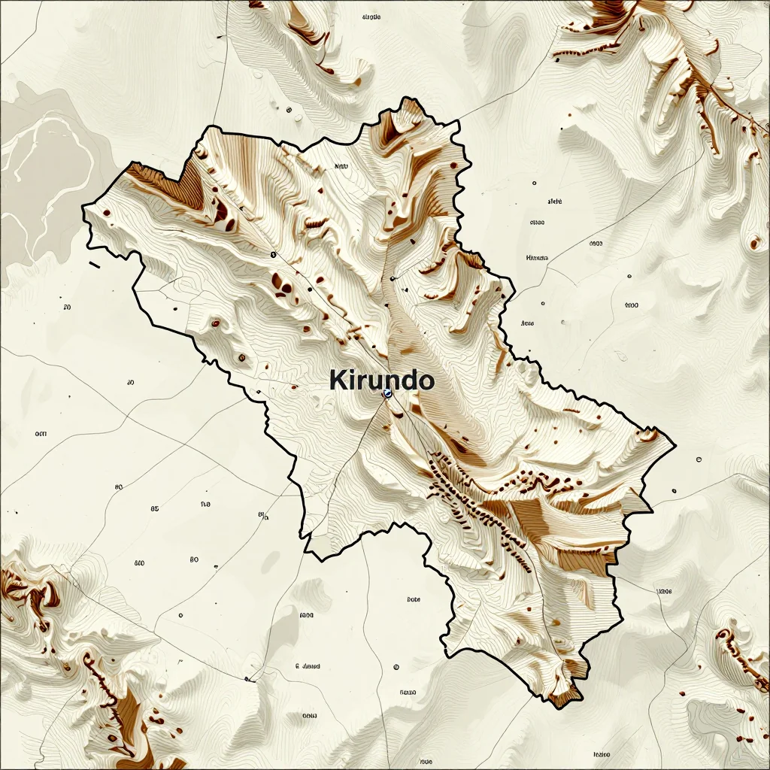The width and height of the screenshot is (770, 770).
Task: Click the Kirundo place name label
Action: tap(382, 380)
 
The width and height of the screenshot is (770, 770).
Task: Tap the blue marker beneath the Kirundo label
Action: tap(387, 393)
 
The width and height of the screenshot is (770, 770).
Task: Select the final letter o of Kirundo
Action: tap(426, 381)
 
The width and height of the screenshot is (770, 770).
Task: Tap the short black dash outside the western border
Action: tap(94, 265)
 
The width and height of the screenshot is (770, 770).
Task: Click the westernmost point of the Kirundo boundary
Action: tap(83, 205)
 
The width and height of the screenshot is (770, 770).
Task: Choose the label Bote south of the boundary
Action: tap(414, 599)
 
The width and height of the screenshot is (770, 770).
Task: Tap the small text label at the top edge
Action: tap(371, 16)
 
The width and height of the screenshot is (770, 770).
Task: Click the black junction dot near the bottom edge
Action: tap(247, 679)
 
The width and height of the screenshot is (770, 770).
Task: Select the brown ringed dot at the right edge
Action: tap(755, 243)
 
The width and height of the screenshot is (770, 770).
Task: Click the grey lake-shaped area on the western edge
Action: tap(38, 173)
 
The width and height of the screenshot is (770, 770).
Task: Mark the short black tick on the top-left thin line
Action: tap(219, 36)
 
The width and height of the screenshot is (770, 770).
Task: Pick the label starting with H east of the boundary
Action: tap(537, 258)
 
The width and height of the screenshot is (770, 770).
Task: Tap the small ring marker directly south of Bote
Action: tap(396, 667)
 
